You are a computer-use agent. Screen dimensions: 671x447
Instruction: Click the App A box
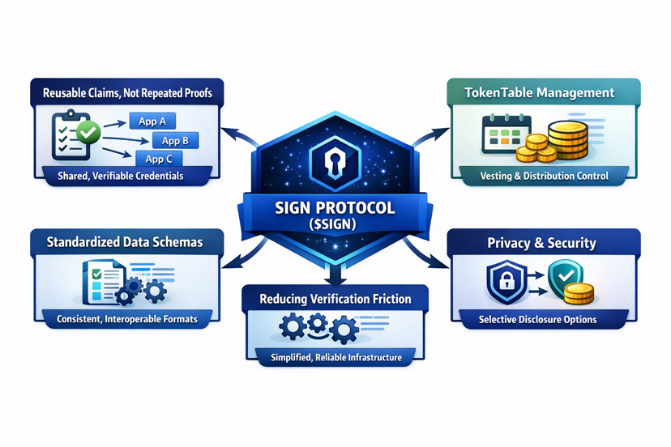point(152,121)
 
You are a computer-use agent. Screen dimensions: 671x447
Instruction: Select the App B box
point(175,141)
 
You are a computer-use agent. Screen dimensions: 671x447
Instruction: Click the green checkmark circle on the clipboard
point(88,131)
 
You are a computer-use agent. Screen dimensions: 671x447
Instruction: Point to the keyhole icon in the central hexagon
point(335,162)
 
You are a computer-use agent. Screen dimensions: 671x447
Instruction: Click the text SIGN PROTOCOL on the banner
point(335,208)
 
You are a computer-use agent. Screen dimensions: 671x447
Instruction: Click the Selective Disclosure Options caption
point(538,320)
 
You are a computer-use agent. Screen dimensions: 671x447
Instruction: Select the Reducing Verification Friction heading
point(335,299)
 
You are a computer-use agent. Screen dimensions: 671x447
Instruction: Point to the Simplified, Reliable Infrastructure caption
point(335,357)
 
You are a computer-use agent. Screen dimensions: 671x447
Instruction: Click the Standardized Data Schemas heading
point(124,241)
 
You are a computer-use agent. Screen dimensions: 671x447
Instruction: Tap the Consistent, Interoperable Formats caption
point(127,320)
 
